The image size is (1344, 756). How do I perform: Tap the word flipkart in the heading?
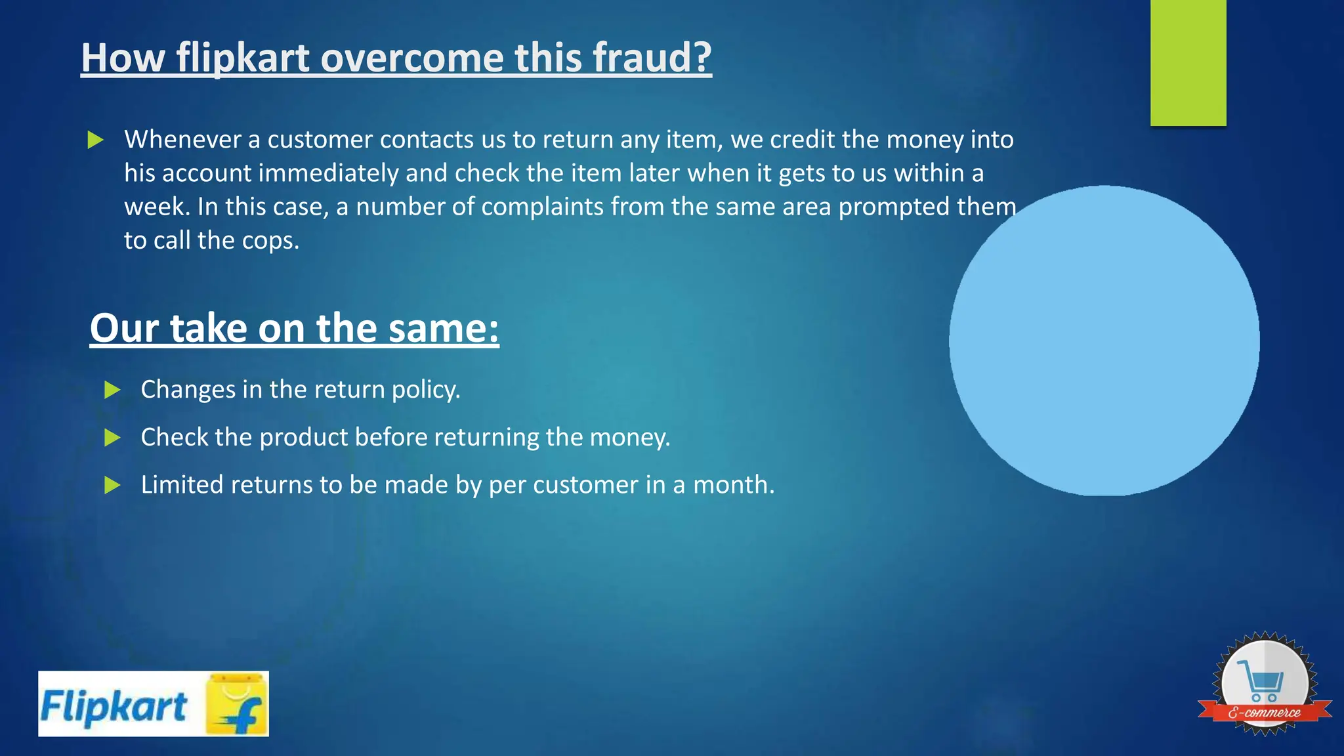point(243,58)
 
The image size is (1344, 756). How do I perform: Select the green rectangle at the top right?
point(1188,62)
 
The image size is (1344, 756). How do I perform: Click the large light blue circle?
point(1104,341)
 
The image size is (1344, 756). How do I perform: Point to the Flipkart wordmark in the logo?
point(114,707)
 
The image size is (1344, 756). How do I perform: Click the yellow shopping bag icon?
point(237,704)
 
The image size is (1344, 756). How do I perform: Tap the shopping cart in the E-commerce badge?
point(1261,680)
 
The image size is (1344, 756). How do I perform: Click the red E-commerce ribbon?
point(1265,713)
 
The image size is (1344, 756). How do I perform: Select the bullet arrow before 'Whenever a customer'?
point(96,140)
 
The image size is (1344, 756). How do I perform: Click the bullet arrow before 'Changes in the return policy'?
point(113,390)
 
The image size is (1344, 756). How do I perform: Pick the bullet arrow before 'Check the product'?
point(113,438)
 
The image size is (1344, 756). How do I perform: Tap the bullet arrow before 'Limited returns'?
point(113,486)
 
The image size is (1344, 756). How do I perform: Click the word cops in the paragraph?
point(270,241)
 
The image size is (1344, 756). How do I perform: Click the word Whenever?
point(183,140)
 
